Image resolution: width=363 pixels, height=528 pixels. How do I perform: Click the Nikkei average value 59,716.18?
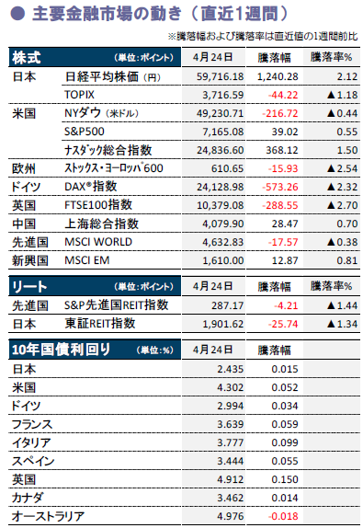coord(220,76)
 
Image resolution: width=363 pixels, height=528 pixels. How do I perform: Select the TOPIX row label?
coord(79,95)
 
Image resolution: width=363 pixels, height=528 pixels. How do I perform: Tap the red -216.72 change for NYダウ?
coord(280,113)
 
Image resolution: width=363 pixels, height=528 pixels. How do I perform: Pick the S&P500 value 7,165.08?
coord(222,132)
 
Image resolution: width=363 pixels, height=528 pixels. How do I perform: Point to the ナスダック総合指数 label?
coord(108,150)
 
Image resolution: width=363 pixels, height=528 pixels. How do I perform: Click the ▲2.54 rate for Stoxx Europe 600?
coord(342,168)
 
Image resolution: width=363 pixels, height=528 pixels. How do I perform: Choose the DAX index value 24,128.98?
coord(220,187)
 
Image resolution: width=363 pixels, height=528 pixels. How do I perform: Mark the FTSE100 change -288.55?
coord(281,205)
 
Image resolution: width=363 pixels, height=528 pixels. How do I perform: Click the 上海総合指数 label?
coord(101,224)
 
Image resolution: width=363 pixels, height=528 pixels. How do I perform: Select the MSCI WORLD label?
coord(98,242)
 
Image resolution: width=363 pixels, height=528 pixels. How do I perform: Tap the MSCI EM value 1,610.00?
coord(222,260)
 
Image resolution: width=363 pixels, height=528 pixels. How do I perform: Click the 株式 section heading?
coord(27,57)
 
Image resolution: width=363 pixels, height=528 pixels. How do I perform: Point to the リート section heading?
coord(29,287)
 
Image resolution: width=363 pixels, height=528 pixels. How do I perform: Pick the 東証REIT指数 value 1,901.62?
coord(222,324)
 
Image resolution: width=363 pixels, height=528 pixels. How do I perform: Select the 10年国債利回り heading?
coord(61,350)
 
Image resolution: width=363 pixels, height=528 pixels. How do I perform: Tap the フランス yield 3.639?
coord(230,424)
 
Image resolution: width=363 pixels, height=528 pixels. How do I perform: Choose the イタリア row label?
coord(31,442)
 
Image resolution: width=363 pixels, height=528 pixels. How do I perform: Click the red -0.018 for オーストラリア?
coord(283,516)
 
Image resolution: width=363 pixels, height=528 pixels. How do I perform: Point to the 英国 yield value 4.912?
coord(230,479)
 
